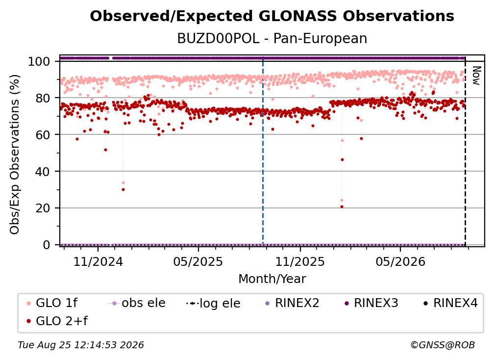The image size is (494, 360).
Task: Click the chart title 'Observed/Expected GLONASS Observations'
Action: click(x=272, y=16)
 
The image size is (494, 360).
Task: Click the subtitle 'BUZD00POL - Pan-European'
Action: click(x=272, y=38)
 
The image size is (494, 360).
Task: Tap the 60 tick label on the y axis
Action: click(x=43, y=134)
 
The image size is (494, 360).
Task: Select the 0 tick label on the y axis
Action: click(x=47, y=245)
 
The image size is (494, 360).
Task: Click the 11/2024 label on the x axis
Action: click(x=98, y=261)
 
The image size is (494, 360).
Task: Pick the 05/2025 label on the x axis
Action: click(x=198, y=261)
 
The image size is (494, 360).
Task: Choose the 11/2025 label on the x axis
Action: click(x=300, y=261)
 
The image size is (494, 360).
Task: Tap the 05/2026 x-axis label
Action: click(x=400, y=261)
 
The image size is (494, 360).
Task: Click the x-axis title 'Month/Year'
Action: click(x=272, y=279)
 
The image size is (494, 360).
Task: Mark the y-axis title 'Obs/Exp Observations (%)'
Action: click(x=15, y=154)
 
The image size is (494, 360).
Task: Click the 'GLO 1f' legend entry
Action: click(x=52, y=303)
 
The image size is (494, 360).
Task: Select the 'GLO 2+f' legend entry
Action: click(x=57, y=321)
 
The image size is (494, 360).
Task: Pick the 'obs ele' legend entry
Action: click(x=137, y=303)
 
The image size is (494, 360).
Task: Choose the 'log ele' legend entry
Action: click(x=213, y=303)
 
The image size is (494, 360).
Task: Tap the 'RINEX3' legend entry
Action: click(x=371, y=303)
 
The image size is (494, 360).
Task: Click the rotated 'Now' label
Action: click(x=476, y=76)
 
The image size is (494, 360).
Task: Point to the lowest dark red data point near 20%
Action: click(x=342, y=207)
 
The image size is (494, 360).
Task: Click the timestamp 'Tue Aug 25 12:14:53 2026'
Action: click(x=81, y=345)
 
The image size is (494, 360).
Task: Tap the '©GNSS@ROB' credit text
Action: click(x=443, y=345)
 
